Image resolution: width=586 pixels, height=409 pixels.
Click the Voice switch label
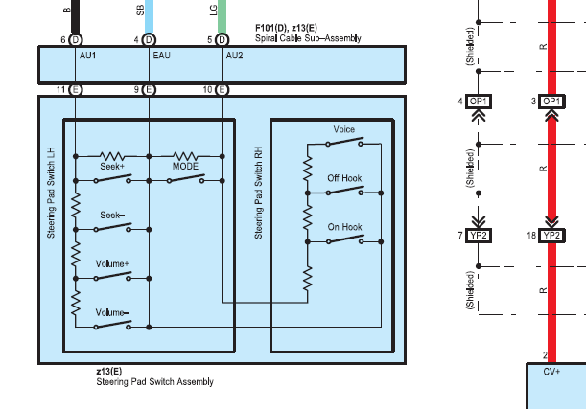click(343, 129)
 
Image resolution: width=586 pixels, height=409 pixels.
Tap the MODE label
click(185, 167)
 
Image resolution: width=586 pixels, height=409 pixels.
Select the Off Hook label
click(344, 178)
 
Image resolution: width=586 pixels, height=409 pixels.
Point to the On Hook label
click(344, 227)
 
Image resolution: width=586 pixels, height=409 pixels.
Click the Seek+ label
click(112, 167)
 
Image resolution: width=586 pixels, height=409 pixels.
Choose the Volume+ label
click(112, 264)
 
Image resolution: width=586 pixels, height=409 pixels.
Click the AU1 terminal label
click(88, 56)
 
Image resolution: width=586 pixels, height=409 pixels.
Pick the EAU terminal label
click(161, 56)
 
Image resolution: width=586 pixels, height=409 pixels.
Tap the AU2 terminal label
click(234, 56)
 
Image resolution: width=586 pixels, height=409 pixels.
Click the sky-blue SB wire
click(149, 16)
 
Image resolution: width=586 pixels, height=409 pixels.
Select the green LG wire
click(222, 16)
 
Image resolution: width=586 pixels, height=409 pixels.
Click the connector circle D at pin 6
click(76, 40)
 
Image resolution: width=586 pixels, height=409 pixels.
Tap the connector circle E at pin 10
click(222, 90)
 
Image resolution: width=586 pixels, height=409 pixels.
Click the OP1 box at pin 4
click(479, 102)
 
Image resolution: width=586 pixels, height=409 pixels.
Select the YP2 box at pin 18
click(551, 236)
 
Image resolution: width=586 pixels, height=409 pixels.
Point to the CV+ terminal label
click(551, 372)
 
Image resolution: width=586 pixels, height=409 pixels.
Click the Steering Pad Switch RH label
click(258, 193)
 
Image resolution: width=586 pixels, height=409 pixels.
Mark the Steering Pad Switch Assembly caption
click(154, 382)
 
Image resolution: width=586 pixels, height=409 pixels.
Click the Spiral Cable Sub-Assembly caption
click(308, 38)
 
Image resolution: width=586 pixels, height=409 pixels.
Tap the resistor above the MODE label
click(185, 156)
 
